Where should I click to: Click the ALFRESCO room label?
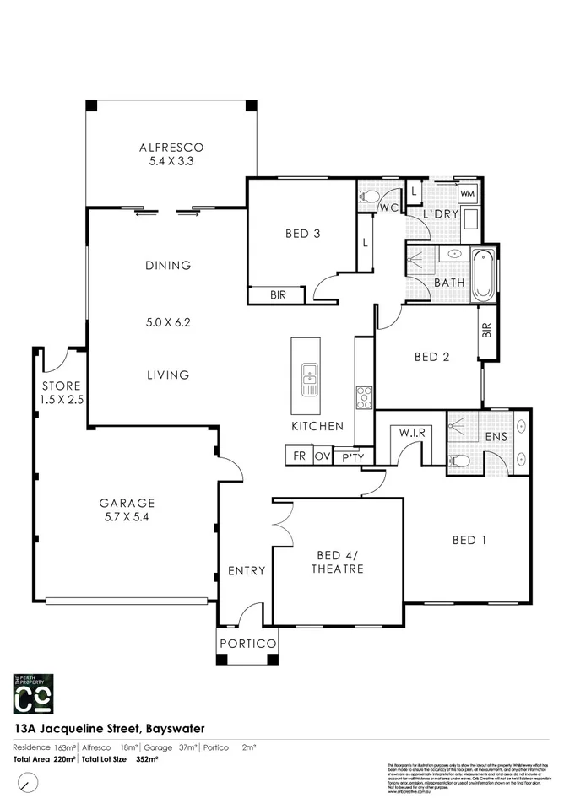click(171, 148)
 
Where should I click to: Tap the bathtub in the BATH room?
click(484, 276)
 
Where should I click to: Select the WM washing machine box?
click(468, 194)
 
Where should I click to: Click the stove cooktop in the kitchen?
click(364, 396)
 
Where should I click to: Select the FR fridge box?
click(299, 456)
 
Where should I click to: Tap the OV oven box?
click(322, 456)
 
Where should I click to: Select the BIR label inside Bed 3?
click(277, 296)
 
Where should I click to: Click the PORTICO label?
click(248, 644)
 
